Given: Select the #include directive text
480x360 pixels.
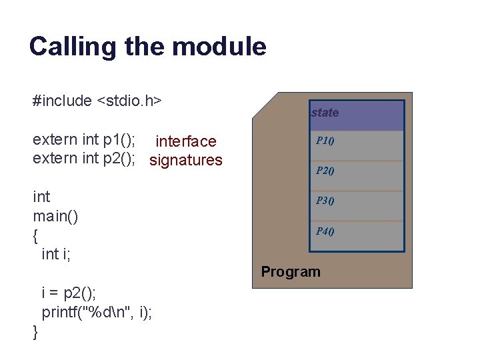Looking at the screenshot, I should tap(62, 101).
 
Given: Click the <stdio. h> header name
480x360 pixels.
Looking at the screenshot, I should tap(130, 101).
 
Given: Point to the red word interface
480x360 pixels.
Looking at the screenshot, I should tap(185, 141).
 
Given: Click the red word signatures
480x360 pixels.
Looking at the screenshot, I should tap(186, 160).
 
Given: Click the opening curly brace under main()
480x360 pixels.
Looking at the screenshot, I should tap(36, 235).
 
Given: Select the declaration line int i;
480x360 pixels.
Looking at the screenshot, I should tap(57, 254).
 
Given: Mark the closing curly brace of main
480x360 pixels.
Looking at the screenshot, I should tap(36, 331).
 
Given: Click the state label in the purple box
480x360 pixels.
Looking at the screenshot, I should tap(325, 113).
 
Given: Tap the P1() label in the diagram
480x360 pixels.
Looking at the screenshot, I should tap(325, 141).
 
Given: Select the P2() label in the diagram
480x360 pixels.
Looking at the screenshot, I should tap(325, 170).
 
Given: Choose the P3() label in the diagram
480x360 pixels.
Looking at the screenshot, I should tap(325, 200).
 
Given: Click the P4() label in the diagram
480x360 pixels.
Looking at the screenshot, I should tap(325, 231).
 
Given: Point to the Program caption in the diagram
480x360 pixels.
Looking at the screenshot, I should tap(291, 271).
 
